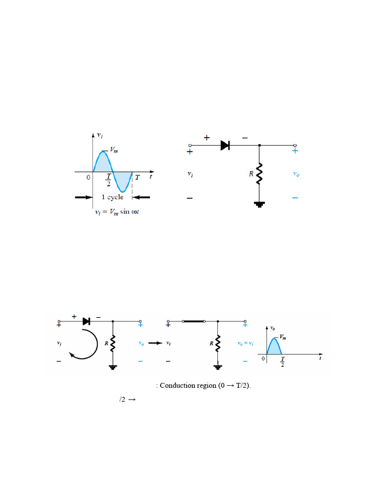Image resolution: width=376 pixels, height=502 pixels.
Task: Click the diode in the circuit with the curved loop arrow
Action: pos(87,321)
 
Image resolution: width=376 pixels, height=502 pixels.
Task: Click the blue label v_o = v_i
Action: pos(245,344)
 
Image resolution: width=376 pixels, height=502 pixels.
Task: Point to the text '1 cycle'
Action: pos(113,197)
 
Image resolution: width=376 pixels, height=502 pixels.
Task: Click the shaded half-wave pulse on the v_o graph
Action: pos(274,345)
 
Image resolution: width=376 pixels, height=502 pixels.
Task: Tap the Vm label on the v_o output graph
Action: pos(284,337)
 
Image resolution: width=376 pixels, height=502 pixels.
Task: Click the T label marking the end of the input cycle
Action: pos(137,178)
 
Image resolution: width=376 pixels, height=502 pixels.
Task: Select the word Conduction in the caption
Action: pos(178,385)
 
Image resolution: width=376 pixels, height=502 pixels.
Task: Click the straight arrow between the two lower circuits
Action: pos(155,343)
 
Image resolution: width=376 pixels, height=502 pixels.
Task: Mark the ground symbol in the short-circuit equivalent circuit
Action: pos(218,366)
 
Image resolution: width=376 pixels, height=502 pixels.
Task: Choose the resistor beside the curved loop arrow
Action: pos(113,343)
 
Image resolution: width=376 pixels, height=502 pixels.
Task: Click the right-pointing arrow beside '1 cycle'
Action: pos(82,197)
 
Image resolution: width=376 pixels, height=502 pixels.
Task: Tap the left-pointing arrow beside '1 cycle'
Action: pos(142,197)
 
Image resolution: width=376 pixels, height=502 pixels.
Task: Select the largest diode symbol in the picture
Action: pos(225,145)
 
